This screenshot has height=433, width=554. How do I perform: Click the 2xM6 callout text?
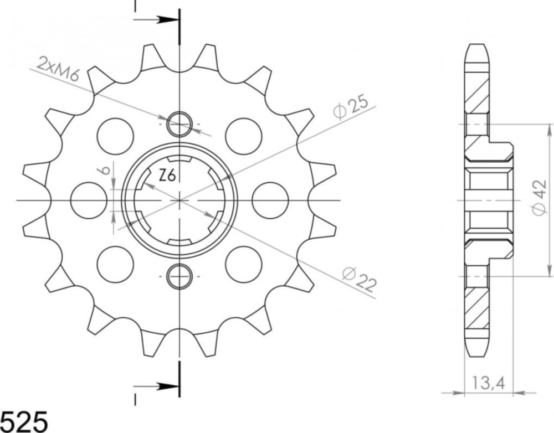pyautogui.click(x=58, y=69)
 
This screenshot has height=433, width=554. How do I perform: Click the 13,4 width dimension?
pyautogui.click(x=488, y=383)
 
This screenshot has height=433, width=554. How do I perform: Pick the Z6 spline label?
pyautogui.click(x=167, y=175)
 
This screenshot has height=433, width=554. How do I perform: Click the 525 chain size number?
pyautogui.click(x=23, y=421)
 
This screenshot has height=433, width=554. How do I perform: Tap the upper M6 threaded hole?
pyautogui.click(x=180, y=125)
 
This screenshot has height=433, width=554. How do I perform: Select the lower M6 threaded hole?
pyautogui.click(x=180, y=276)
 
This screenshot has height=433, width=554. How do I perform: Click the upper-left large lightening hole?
pyautogui.click(x=116, y=136)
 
